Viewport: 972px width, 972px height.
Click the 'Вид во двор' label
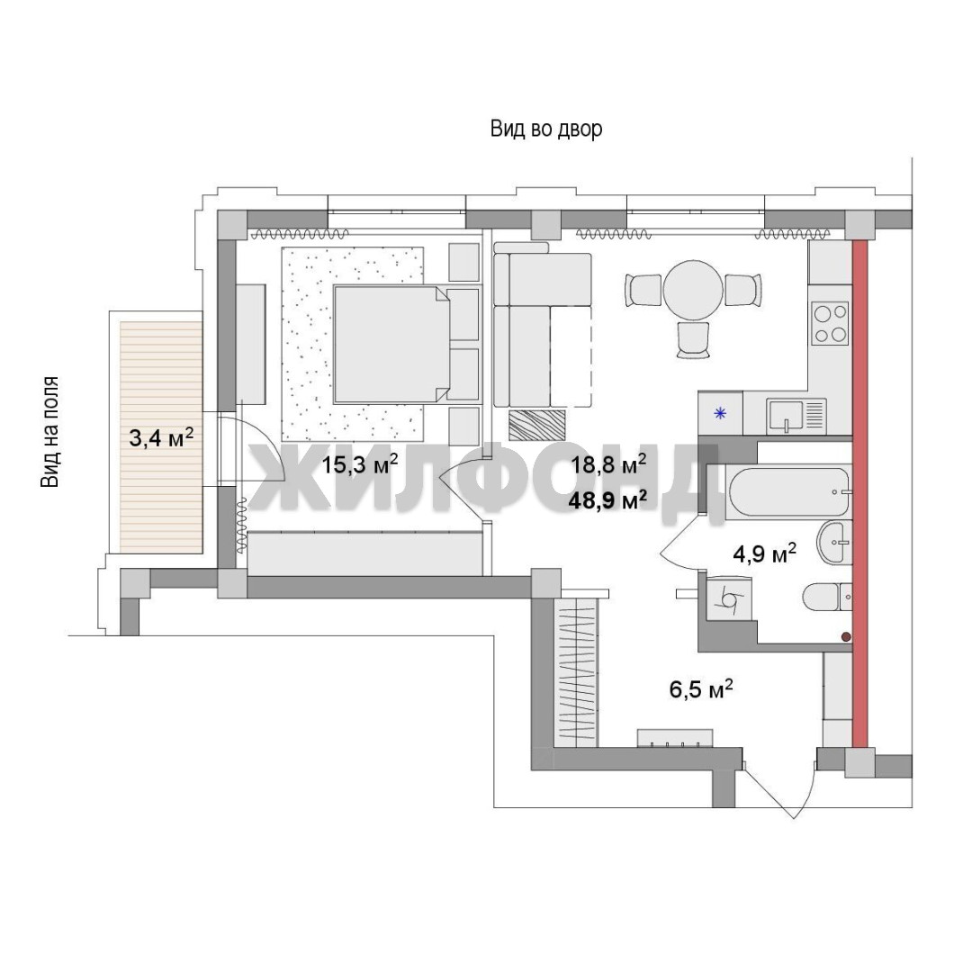pyautogui.click(x=546, y=129)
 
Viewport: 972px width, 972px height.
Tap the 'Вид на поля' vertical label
pyautogui.click(x=50, y=431)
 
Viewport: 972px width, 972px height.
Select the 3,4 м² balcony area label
pyautogui.click(x=160, y=437)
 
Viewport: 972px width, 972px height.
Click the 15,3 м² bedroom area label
pyautogui.click(x=359, y=463)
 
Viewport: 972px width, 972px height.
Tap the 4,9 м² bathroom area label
pyautogui.click(x=764, y=553)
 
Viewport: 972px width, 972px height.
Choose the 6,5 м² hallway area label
pyautogui.click(x=702, y=688)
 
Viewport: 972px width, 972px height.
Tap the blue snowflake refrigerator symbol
pyautogui.click(x=720, y=413)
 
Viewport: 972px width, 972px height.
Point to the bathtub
pyautogui.click(x=787, y=492)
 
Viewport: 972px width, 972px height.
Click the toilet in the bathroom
pyautogui.click(x=828, y=598)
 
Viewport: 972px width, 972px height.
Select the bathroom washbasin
pyautogui.click(x=835, y=543)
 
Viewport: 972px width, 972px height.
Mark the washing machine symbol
pyautogui.click(x=729, y=598)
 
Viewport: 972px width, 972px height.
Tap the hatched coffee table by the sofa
pyautogui.click(x=537, y=425)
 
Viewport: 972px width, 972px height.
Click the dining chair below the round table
pyautogui.click(x=693, y=339)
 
